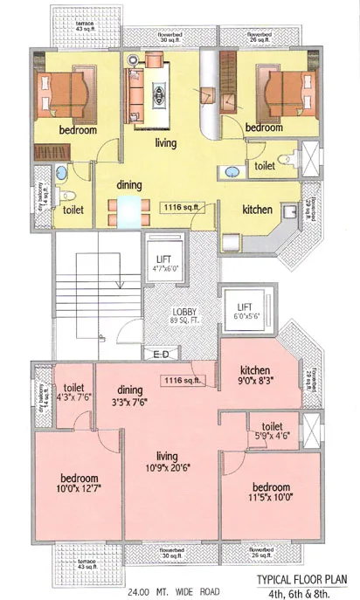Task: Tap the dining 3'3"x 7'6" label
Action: (x=130, y=397)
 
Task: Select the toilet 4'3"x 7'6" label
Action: (x=73, y=394)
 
